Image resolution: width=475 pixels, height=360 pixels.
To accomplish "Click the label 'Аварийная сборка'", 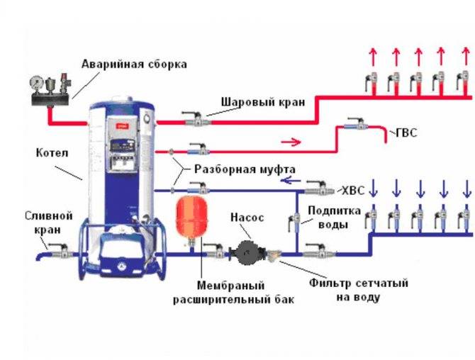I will (x=134, y=64).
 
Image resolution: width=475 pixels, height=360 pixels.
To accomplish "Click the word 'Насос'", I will (x=247, y=219).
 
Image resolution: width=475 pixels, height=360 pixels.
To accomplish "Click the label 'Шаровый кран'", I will (x=263, y=101).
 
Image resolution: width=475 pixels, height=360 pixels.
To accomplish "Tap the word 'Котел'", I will (x=51, y=152).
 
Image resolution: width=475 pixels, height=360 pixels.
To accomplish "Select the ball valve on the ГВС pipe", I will (x=354, y=125).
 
